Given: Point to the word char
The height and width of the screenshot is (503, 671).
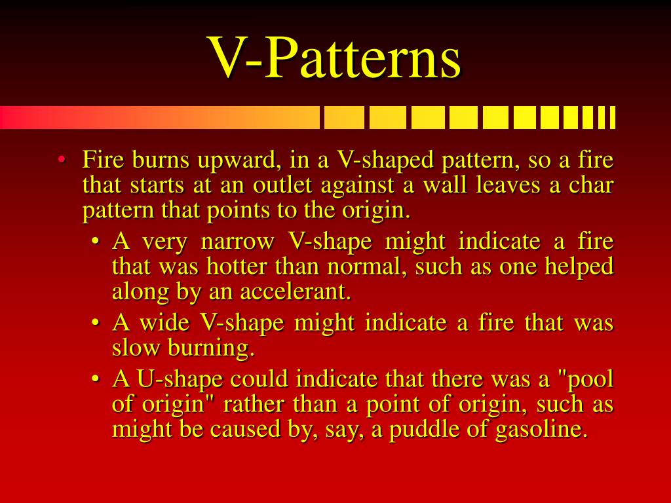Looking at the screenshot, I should pos(591,185).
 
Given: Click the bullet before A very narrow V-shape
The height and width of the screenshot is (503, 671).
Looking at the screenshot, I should pos(96,242).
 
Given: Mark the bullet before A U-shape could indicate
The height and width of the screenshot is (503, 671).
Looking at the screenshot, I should pos(96,380).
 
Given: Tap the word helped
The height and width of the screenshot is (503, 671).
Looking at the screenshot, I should pos(580,267).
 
